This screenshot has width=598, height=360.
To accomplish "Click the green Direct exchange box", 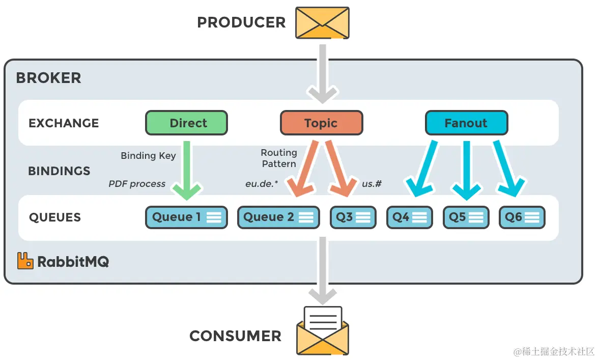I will pyautogui.click(x=186, y=123).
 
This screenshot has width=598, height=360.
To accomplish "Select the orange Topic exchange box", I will pyautogui.click(x=321, y=123).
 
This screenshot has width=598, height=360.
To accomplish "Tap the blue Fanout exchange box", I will pyautogui.click(x=466, y=123).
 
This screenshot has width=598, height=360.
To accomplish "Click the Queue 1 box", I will pyautogui.click(x=186, y=217).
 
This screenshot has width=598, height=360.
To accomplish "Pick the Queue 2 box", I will pyautogui.click(x=278, y=217).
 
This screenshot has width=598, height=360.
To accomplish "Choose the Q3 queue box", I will pyautogui.click(x=353, y=217).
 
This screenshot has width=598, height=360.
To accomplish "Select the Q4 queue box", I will pyautogui.click(x=409, y=217).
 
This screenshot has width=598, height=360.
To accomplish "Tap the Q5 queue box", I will pyautogui.click(x=466, y=217).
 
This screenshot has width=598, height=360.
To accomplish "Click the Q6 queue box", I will pyautogui.click(x=522, y=217).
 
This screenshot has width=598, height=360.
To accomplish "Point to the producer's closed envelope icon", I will pyautogui.click(x=323, y=22).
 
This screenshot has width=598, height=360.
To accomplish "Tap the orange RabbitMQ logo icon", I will pyautogui.click(x=25, y=261).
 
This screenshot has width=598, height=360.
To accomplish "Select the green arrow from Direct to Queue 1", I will pyautogui.click(x=186, y=171).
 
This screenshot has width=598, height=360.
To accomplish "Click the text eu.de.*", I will pyautogui.click(x=262, y=184).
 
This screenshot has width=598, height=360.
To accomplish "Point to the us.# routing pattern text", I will pyautogui.click(x=372, y=184).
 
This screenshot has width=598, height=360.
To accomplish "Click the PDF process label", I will pyautogui.click(x=137, y=184).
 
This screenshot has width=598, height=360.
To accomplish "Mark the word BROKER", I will pyautogui.click(x=48, y=78).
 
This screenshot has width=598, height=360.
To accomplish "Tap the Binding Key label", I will pyautogui.click(x=148, y=156).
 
